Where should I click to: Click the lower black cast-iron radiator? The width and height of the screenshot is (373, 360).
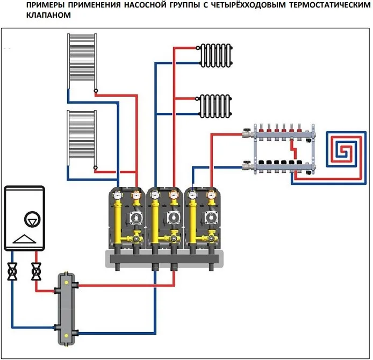[x=217, y=105]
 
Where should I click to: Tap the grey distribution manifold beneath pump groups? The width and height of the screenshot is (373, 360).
[x=164, y=259]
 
